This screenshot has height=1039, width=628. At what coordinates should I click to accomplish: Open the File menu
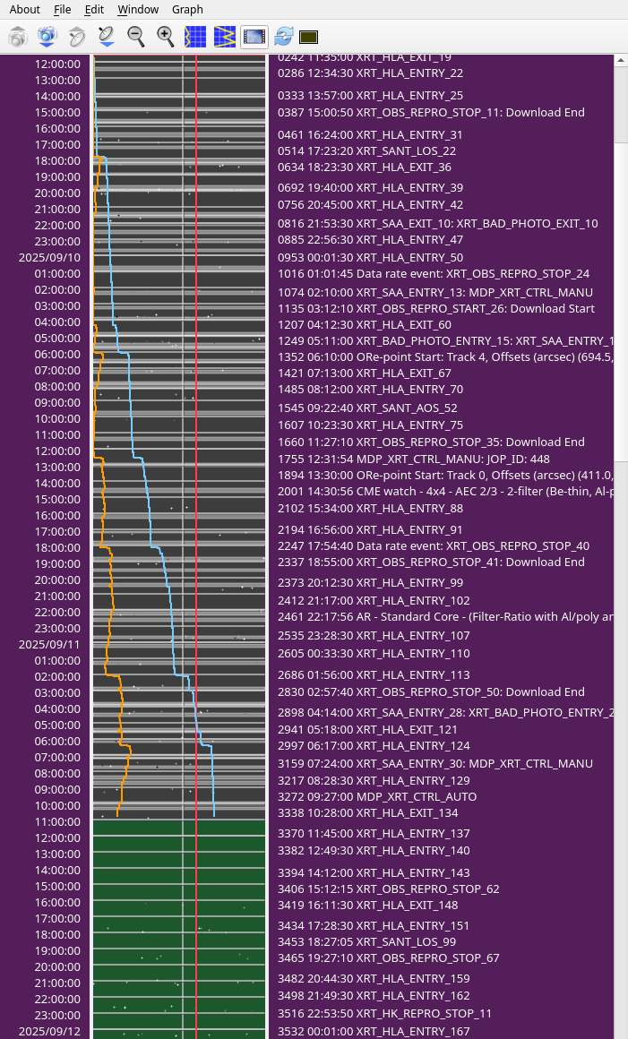pyautogui.click(x=62, y=10)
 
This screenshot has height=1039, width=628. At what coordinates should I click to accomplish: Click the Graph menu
pyautogui.click(x=187, y=10)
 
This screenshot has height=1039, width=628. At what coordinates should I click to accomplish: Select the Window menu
pyautogui.click(x=138, y=10)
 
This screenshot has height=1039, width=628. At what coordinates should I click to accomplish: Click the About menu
pyautogui.click(x=25, y=10)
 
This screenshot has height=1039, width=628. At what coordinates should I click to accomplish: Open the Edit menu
pyautogui.click(x=94, y=10)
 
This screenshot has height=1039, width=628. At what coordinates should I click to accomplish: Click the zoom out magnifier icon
pyautogui.click(x=136, y=37)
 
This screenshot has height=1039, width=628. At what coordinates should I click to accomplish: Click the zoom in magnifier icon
pyautogui.click(x=166, y=37)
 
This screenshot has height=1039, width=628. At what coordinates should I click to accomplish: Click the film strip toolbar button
pyautogui.click(x=254, y=37)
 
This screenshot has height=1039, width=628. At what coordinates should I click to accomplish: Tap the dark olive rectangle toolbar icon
pyautogui.click(x=309, y=37)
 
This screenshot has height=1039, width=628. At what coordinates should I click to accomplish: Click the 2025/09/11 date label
pyautogui.click(x=49, y=644)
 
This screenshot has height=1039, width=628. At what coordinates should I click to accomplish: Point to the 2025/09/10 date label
pyautogui.click(x=49, y=257)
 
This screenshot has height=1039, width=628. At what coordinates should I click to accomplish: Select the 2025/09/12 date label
pyautogui.click(x=49, y=1031)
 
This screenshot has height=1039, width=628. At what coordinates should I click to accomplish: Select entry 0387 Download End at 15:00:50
pyautogui.click(x=431, y=113)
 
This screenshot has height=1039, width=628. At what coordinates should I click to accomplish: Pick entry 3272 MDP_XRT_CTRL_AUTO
pyautogui.click(x=377, y=797)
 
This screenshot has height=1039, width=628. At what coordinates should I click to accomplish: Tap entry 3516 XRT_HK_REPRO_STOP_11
pyautogui.click(x=385, y=1014)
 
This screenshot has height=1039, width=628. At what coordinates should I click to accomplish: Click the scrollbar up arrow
pyautogui.click(x=620, y=61)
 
